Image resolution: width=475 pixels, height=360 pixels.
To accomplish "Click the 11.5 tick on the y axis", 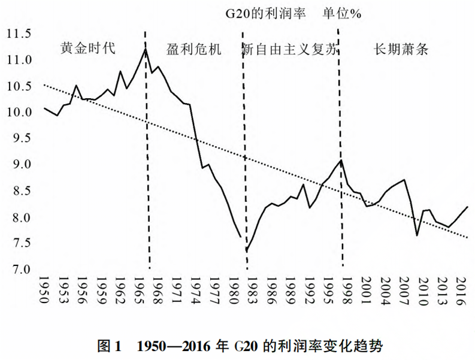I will pos(19,34).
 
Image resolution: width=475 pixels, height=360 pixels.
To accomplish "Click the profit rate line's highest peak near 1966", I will pos(145,49).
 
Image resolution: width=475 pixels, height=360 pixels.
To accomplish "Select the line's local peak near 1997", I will pos(341,160).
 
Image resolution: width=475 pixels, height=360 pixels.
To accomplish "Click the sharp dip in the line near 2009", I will pos(417,235).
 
